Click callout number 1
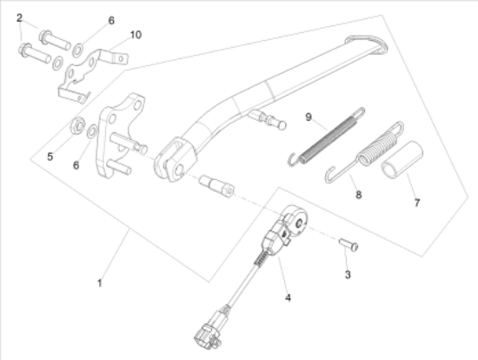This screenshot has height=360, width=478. coord(99,283)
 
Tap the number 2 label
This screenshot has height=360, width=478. coord(19,18)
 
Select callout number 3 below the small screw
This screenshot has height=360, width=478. coord(348,275)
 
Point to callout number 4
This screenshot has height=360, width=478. coord(288,297)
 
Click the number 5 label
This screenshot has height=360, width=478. coord(50,157)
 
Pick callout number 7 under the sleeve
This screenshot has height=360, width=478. coord(417,203)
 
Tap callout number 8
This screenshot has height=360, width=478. coord(359,194)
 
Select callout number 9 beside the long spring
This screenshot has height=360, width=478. coord(309,117)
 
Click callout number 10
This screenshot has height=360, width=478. coord(136,35)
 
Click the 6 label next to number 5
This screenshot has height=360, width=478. coord(76,165)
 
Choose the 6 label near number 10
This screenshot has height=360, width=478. coord(111,21)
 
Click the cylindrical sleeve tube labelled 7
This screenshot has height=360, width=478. coord(402,159)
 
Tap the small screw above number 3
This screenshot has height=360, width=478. coord(349,244)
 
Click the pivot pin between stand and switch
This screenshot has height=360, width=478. coord(216,185)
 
